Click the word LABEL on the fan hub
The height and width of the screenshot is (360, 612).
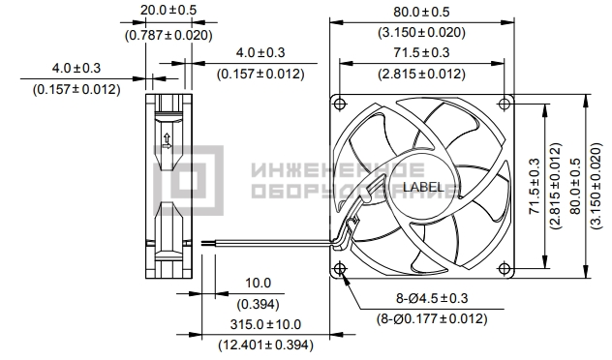[423, 187]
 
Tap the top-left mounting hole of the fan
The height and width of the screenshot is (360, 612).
[340, 104]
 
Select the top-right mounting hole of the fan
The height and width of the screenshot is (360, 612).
[505, 104]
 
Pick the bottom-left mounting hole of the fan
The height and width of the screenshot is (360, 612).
[340, 268]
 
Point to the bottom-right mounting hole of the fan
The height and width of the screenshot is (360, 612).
[505, 268]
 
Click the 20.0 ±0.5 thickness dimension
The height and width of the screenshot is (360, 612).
[168, 10]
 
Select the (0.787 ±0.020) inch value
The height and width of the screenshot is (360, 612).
[168, 35]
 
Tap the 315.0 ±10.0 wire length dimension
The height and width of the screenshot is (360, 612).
[265, 324]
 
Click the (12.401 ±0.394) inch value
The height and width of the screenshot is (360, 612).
[265, 345]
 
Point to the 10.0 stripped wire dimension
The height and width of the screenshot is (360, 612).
[258, 283]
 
